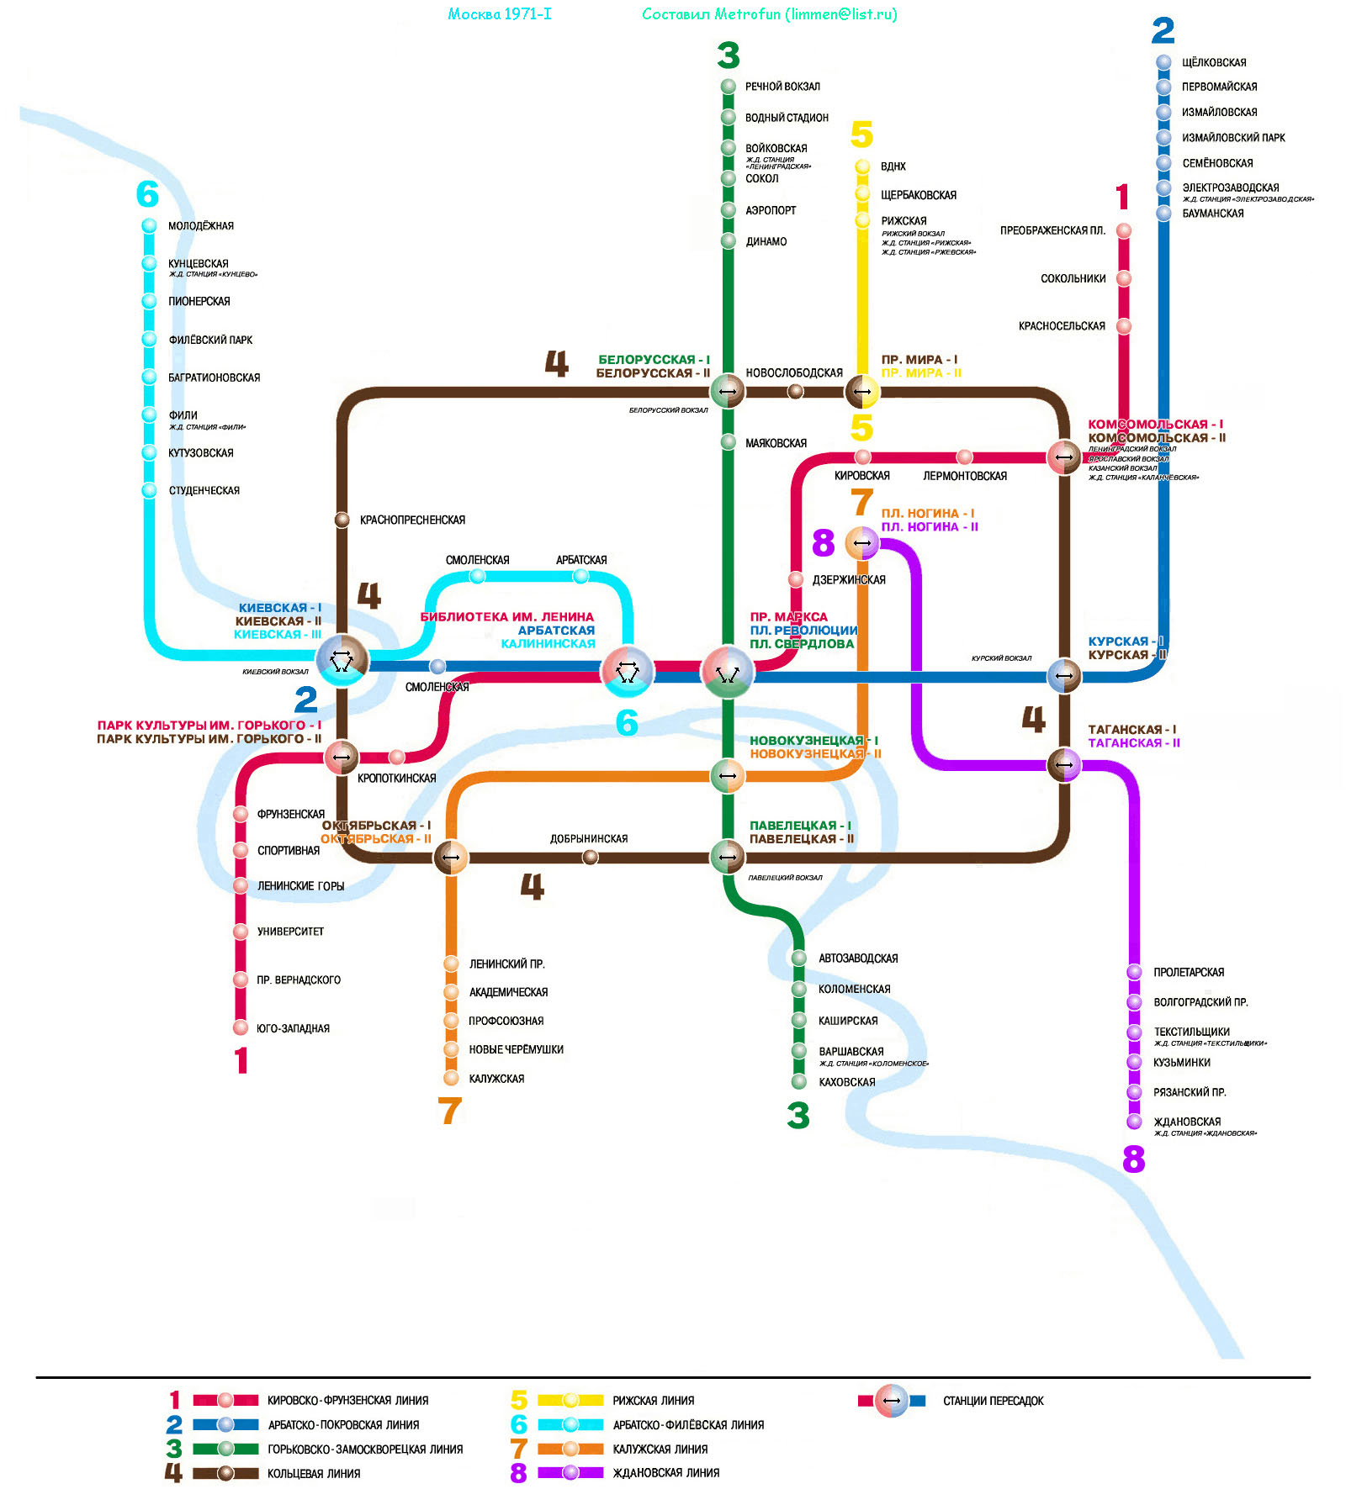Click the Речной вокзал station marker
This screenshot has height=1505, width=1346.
click(729, 87)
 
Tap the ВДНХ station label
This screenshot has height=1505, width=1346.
click(893, 166)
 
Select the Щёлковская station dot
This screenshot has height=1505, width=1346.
click(1163, 62)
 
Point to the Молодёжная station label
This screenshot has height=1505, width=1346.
click(200, 226)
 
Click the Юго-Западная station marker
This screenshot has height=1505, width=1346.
click(241, 1027)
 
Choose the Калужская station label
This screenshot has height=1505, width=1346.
click(496, 1079)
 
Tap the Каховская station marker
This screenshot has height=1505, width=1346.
click(799, 1082)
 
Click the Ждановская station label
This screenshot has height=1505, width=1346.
click(1187, 1122)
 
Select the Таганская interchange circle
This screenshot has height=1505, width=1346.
click(1064, 765)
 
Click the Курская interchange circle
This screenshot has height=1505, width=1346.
click(1064, 676)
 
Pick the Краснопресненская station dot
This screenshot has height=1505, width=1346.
click(342, 520)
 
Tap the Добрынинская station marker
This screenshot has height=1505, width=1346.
click(591, 857)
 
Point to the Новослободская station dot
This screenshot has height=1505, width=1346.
click(795, 391)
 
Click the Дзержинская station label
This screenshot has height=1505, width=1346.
click(848, 580)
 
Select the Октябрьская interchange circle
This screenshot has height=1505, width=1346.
click(451, 858)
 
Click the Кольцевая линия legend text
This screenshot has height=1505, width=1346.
click(314, 1474)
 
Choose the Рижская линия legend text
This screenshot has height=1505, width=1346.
click(653, 1401)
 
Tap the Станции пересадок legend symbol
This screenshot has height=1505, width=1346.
click(892, 1401)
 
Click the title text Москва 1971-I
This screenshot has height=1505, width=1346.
click(500, 14)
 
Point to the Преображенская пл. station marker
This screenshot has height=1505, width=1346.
click(1124, 230)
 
